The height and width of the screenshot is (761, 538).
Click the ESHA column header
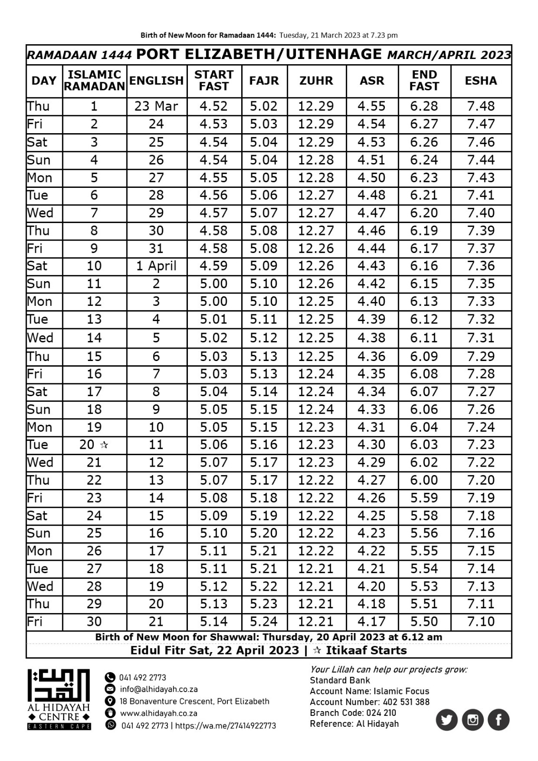481,81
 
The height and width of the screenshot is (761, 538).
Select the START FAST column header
214,81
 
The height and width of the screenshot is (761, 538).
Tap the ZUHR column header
316,81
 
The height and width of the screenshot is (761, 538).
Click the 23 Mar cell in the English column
156,106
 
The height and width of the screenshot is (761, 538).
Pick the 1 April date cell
156,266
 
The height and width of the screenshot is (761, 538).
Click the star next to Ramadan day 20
104,445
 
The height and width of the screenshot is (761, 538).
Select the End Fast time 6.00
424,480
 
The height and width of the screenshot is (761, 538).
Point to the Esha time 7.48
481,106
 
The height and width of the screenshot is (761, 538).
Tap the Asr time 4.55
372,106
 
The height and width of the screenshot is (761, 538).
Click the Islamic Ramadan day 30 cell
94,622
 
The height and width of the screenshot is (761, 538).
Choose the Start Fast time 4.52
214,106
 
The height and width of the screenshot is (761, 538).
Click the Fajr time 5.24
264,622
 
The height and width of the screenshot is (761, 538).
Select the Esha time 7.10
481,622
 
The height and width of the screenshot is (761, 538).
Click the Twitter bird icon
446,720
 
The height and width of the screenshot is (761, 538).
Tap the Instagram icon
472,720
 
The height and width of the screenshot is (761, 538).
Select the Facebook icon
499,720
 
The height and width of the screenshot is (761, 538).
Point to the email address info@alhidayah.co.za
159,689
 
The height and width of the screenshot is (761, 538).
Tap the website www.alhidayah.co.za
158,713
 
